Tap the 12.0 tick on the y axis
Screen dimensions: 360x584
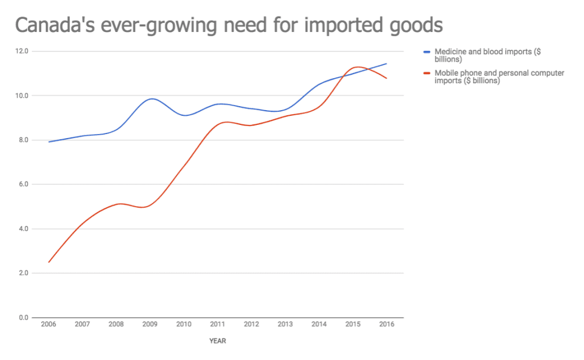tap(23, 51)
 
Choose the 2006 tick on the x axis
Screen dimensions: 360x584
tap(48, 325)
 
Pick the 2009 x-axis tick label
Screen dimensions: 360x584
tap(150, 325)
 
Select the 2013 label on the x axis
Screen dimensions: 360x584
tap(285, 325)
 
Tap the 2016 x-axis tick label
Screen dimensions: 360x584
tap(386, 325)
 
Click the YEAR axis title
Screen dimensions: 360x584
tap(217, 341)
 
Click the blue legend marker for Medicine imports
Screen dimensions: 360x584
tap(427, 52)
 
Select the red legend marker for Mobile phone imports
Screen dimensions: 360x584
tap(427, 73)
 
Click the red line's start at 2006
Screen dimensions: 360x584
tap(49, 262)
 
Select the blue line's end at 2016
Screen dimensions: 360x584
tap(387, 63)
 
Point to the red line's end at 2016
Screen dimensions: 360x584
tap(387, 78)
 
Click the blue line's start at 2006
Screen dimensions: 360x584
tap(49, 141)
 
